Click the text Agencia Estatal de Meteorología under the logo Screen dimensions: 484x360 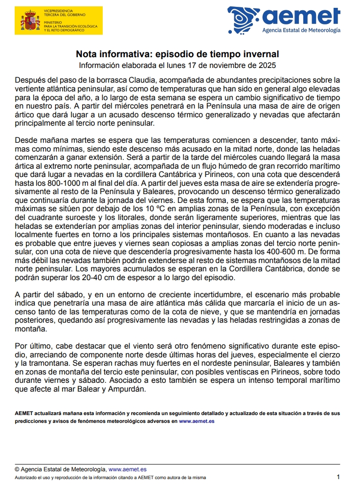[x=301, y=30]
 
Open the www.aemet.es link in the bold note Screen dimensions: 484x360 [x=197, y=421]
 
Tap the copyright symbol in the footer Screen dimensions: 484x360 [x=17, y=469]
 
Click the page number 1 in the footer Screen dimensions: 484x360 [x=338, y=476]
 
